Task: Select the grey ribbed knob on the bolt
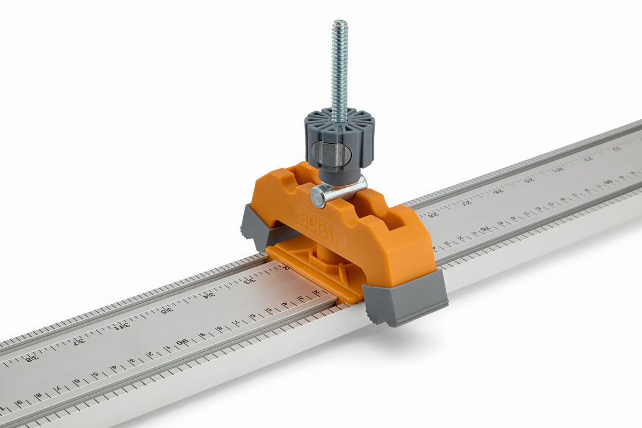point(340,135)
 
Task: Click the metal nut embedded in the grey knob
point(331,153)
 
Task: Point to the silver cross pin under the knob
point(338,192)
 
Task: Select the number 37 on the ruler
point(78,342)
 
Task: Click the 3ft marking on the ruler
point(122,326)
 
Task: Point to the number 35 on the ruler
point(166,310)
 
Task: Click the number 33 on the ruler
point(250,281)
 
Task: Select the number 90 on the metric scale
point(181,343)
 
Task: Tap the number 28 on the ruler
point(433,214)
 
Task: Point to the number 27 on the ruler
point(466,203)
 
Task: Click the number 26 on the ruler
point(498,191)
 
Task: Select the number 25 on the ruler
point(529,179)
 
